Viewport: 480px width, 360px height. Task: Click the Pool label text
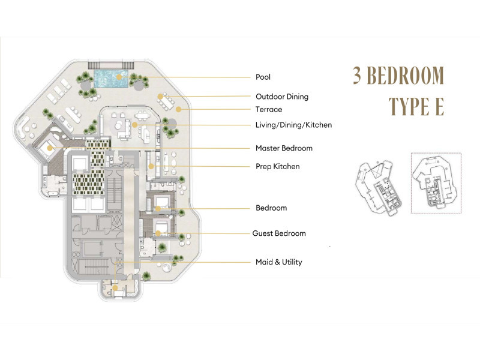[263, 77]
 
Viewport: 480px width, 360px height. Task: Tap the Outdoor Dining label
[282, 97]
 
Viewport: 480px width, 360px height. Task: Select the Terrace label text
[269, 109]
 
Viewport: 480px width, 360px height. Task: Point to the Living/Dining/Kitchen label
[293, 125]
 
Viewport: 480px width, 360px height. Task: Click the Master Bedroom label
[284, 148]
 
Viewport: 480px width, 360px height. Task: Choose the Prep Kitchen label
[278, 167]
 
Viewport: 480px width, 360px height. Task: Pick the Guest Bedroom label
[279, 233]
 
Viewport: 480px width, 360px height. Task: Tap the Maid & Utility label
[279, 262]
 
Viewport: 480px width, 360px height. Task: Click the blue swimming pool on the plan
[110, 79]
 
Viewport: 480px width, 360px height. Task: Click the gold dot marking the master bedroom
[50, 148]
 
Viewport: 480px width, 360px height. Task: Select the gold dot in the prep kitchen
[151, 166]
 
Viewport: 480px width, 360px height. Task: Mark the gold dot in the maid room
[115, 288]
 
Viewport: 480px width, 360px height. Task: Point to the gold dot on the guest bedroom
[158, 233]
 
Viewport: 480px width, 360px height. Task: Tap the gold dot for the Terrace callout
[178, 109]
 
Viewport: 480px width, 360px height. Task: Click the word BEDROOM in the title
[406, 76]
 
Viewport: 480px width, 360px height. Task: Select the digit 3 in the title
[357, 76]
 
